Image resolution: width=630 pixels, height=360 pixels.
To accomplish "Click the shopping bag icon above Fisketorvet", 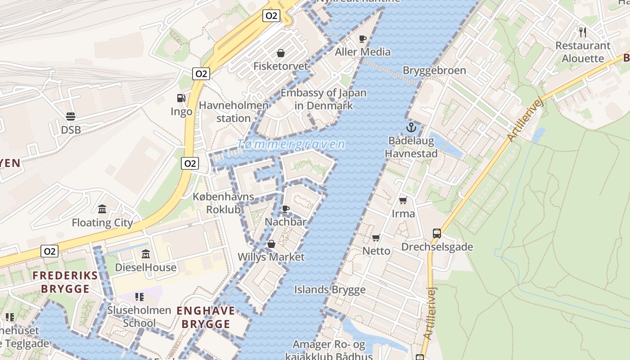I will [281, 53].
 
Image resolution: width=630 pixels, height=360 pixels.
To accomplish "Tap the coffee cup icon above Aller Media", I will [363, 39].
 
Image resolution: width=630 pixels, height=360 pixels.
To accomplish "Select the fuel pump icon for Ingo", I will [181, 98].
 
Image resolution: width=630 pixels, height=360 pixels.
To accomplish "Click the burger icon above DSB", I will [71, 117].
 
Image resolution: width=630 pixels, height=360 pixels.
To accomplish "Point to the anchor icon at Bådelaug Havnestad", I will [411, 127].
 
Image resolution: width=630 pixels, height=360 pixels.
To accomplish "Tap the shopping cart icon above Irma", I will [403, 200].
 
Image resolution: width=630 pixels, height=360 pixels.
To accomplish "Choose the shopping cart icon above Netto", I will [376, 238].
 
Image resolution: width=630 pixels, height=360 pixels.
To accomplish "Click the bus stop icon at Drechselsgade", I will [436, 233].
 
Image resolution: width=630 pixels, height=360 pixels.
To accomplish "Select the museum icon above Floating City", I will [102, 209].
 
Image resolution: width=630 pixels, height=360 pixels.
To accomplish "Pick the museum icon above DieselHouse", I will [145, 254].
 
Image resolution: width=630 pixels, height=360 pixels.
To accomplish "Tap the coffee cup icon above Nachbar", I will [285, 209].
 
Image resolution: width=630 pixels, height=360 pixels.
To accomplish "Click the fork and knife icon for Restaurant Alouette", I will [583, 32].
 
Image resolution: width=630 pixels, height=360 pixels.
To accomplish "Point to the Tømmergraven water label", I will [291, 144].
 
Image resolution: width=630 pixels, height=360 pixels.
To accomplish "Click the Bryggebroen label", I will [434, 71].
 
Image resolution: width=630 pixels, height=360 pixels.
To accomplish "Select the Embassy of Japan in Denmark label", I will [324, 99].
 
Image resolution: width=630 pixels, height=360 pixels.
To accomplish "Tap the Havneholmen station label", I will [234, 112].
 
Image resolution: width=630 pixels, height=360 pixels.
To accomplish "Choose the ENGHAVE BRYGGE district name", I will [206, 317].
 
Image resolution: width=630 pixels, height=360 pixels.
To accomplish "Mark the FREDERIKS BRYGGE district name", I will [65, 282].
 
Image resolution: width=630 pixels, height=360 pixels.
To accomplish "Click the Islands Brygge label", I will [330, 289].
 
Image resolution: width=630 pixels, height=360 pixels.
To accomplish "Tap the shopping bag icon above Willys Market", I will [271, 244].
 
